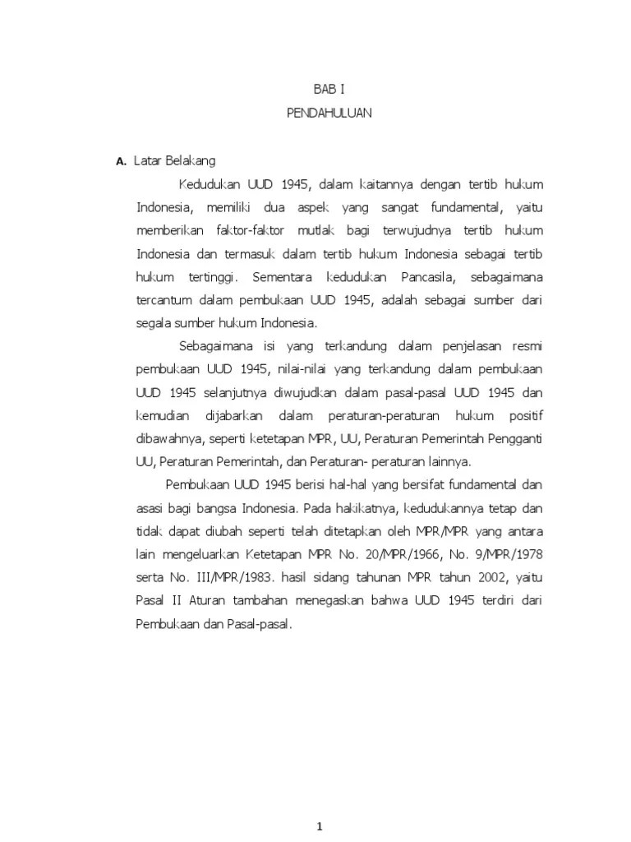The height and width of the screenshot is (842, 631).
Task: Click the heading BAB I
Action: tap(329, 91)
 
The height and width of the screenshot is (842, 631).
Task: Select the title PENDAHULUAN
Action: tap(329, 113)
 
